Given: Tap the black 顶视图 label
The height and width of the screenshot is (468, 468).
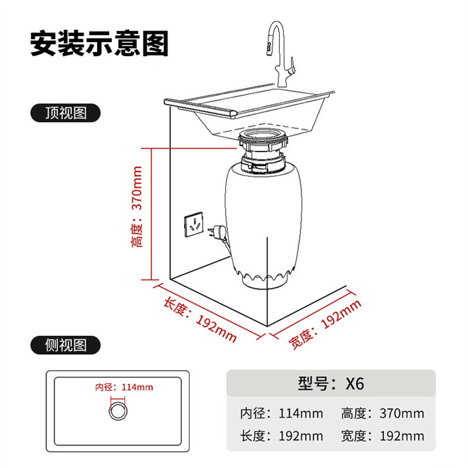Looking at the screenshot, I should click(66, 113).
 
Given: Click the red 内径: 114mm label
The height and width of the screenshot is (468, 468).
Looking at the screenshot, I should click(124, 387).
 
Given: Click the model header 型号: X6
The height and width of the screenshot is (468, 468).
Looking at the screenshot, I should click(331, 383).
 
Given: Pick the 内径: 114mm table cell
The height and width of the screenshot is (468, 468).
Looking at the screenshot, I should click(281, 413).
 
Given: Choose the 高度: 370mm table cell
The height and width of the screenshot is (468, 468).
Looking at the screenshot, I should click(383, 413).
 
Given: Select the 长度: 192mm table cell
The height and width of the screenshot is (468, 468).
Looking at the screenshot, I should click(281, 437).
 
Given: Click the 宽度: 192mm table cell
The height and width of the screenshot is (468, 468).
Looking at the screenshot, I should click(383, 437).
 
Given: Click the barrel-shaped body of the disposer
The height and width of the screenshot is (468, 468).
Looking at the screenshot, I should click(264, 219).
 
